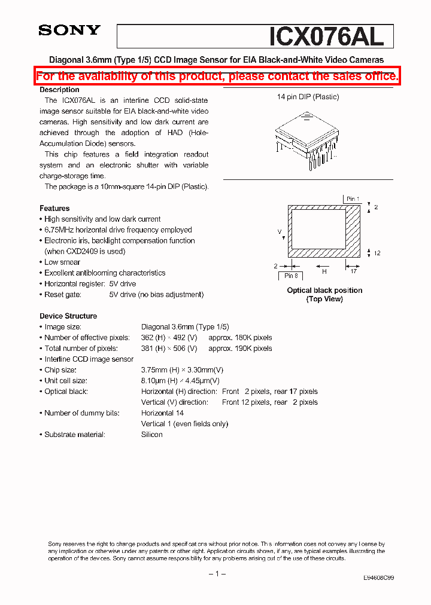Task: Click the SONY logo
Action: point(69,30)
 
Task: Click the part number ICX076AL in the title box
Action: point(326,36)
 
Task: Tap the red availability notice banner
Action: point(217,77)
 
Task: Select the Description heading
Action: point(59,90)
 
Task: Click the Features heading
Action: point(54,208)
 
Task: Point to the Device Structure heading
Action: point(68,316)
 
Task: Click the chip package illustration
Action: point(307,139)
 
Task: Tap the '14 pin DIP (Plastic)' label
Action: point(308,97)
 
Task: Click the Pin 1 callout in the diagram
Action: point(353,199)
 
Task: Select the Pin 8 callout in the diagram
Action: point(291,276)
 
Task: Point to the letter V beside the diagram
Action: point(279,231)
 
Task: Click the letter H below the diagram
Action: point(324,271)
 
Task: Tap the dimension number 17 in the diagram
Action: point(354,271)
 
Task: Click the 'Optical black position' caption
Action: point(324,291)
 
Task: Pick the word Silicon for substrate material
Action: point(152,435)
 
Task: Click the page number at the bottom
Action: point(216,574)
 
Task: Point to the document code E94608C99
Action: point(378,578)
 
